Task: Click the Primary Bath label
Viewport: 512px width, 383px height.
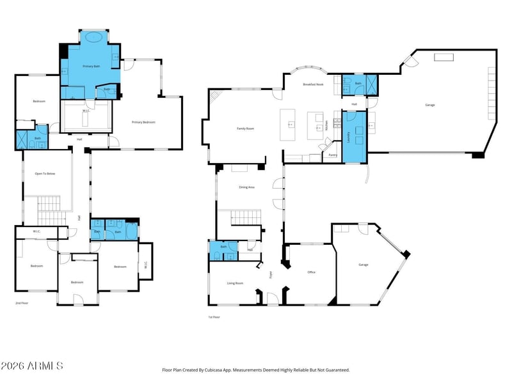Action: pos(90,66)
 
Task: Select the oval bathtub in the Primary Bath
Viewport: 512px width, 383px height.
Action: pos(94,38)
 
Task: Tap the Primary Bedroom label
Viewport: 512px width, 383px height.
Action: pos(143,122)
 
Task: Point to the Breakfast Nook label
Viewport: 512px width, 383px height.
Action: pos(313,84)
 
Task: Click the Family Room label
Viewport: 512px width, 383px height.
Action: pos(246,129)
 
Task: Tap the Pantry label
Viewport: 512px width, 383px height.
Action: pos(333,155)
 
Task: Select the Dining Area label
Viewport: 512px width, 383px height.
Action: pos(246,187)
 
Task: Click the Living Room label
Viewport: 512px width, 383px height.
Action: pos(235,283)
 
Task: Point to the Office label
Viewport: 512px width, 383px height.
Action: pos(311,272)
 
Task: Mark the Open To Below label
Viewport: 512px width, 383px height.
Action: pos(44,173)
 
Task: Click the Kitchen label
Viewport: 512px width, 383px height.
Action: pos(326,125)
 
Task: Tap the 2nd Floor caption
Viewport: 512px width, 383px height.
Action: pos(23,303)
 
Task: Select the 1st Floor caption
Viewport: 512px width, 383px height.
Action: pos(214,317)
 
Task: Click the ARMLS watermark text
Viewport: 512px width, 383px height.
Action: pos(32,366)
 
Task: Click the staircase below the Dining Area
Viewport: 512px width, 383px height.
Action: pos(245,218)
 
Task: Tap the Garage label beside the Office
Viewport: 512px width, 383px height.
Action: pos(364,264)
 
